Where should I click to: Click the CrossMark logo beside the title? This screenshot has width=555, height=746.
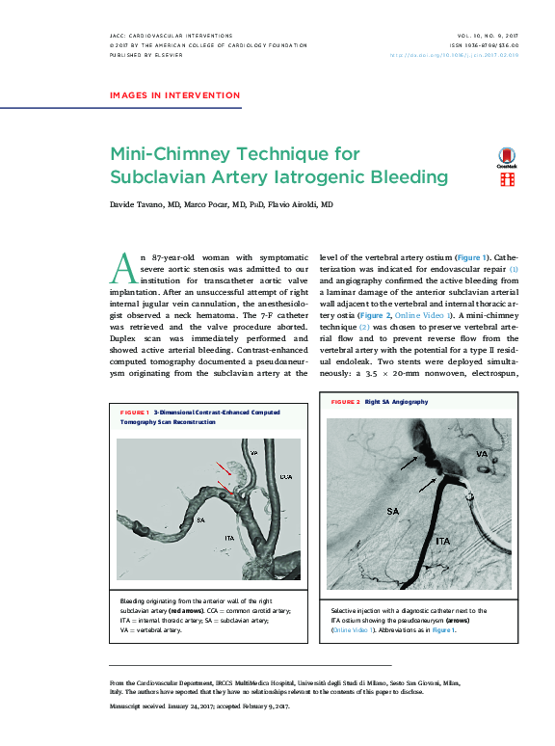click(506, 158)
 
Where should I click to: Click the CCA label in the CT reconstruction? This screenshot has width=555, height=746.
click(286, 476)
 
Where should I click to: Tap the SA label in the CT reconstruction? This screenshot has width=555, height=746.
click(199, 520)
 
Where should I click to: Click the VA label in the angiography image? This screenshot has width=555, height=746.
click(480, 452)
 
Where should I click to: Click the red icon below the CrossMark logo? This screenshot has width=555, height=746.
click(506, 179)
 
